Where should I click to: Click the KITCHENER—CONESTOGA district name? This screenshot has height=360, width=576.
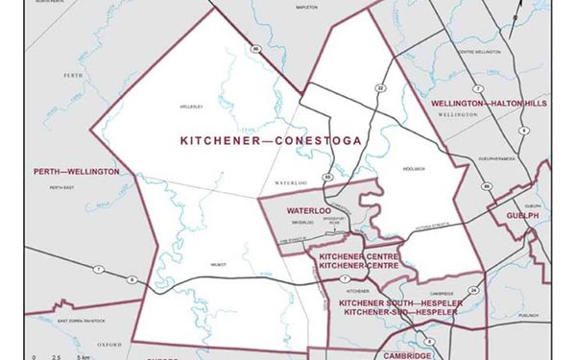tap(270, 140)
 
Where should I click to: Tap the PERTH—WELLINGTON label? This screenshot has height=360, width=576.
tap(77, 171)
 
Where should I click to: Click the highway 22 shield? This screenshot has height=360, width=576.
tap(380, 87)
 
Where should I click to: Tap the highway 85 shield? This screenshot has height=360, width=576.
tap(327, 178)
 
